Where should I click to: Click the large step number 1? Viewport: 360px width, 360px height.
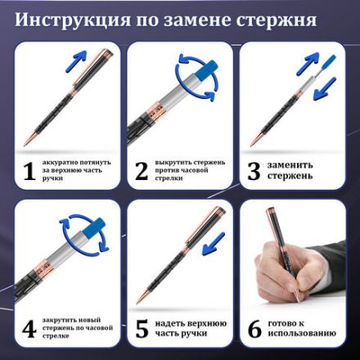tap(29, 170)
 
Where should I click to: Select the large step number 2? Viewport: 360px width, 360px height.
tap(142, 170)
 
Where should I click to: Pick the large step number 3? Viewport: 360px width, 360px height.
tap(254, 170)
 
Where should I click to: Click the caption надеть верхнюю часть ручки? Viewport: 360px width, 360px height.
tap(189, 329)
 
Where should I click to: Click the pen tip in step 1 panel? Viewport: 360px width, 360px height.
tap(25, 140)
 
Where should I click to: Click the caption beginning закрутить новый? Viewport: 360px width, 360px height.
tap(78, 329)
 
